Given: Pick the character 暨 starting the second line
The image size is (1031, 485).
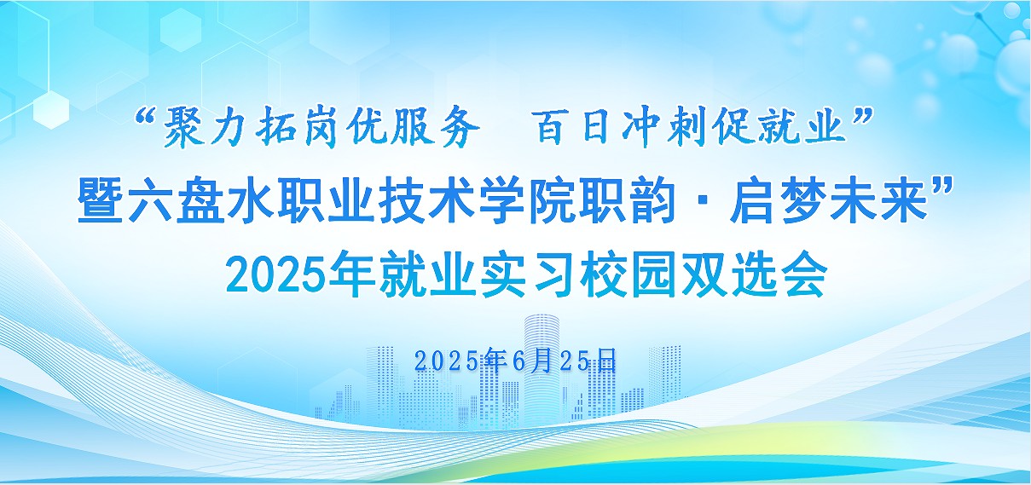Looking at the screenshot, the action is coord(101,201).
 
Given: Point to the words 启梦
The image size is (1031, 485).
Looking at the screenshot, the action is coord(778,201).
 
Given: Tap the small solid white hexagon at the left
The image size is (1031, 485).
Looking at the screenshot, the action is coord(51,109).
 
